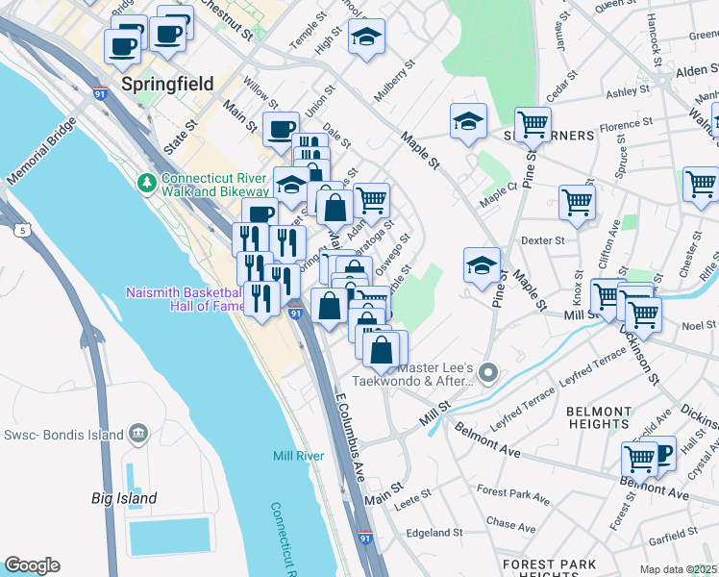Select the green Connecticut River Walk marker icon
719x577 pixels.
pyautogui.click(x=147, y=182)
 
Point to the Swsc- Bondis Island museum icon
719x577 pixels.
pyautogui.click(x=137, y=434)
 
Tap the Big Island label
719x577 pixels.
pyautogui.click(x=124, y=498)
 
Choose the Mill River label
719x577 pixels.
pyautogui.click(x=297, y=456)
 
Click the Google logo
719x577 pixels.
pyautogui.click(x=32, y=565)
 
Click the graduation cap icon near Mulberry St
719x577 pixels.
pyautogui.click(x=365, y=38)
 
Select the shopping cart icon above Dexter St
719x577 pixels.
pyautogui.click(x=577, y=203)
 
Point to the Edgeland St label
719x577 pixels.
pyautogui.click(x=434, y=532)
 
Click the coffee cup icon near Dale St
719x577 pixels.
pyautogui.click(x=281, y=127)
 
